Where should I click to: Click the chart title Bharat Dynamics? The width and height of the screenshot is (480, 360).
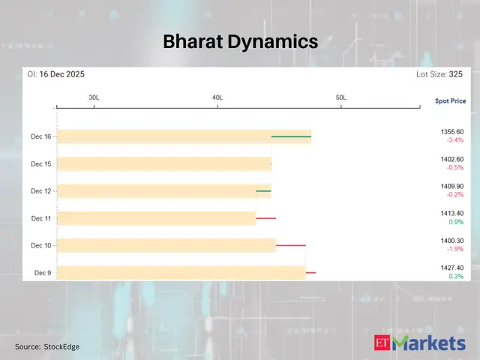click(x=240, y=43)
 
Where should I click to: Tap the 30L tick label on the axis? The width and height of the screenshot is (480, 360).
click(x=94, y=98)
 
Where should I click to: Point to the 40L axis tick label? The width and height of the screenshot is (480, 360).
click(x=217, y=98)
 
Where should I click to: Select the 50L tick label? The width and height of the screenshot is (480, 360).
click(x=340, y=98)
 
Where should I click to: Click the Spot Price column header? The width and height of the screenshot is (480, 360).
click(x=450, y=100)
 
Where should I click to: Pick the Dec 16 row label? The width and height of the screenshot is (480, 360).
click(x=41, y=136)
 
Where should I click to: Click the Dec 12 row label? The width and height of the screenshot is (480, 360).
click(x=41, y=191)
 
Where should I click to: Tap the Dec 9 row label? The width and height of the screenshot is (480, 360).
click(x=43, y=273)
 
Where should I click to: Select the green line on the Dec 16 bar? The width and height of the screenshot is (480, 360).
click(x=291, y=136)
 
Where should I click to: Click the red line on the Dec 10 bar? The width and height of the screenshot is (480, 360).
click(x=291, y=245)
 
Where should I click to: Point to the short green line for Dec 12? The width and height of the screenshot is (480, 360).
click(x=263, y=191)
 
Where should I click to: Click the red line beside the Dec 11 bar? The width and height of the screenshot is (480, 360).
click(x=266, y=218)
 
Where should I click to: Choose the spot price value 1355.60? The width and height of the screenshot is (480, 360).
click(x=453, y=132)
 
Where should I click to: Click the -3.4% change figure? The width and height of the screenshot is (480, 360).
click(x=454, y=140)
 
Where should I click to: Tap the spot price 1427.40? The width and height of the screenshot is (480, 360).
click(x=453, y=268)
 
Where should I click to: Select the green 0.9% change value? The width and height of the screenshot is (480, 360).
click(x=456, y=222)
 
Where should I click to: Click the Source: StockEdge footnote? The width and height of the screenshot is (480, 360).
click(x=47, y=346)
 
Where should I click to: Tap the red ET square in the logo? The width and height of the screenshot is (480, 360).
click(x=382, y=343)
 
